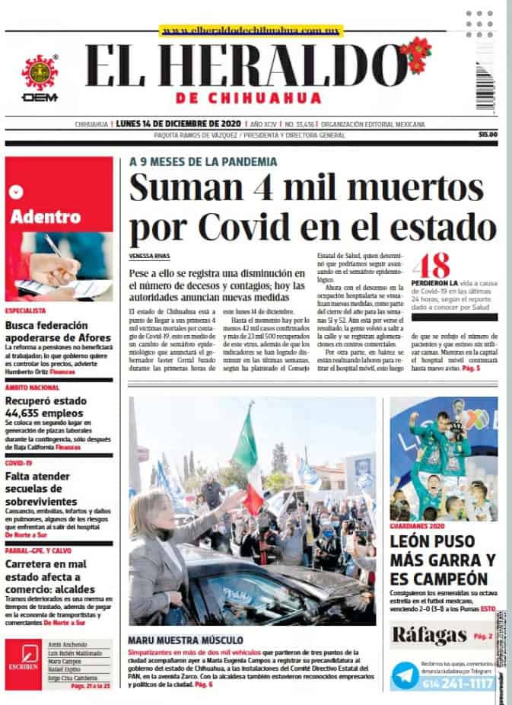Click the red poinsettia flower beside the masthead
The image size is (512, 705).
[x=415, y=54]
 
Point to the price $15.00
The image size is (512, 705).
[x=487, y=135]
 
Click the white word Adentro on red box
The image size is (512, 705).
[x=46, y=216]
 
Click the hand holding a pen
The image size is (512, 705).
[x=55, y=263]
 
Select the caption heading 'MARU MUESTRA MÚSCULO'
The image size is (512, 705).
[x=186, y=640]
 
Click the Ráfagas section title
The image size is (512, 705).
[x=428, y=635]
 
